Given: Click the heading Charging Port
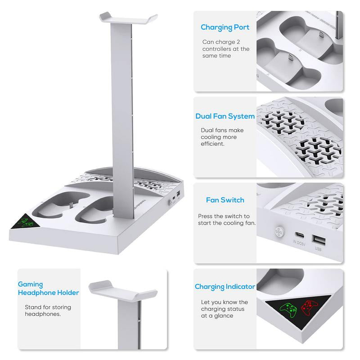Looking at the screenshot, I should point(225,27).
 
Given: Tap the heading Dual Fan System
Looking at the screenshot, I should point(225,116).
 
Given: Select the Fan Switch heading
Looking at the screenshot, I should point(225,200).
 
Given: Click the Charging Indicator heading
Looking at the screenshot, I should point(225,287).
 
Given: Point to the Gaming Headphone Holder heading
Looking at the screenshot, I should point(48,288).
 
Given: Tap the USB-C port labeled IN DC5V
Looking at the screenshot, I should point(298,235).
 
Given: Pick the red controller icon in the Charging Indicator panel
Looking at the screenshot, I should point(309,308).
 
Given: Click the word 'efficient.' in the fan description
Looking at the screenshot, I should point(212,144).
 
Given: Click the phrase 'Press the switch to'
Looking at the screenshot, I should point(224,216).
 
